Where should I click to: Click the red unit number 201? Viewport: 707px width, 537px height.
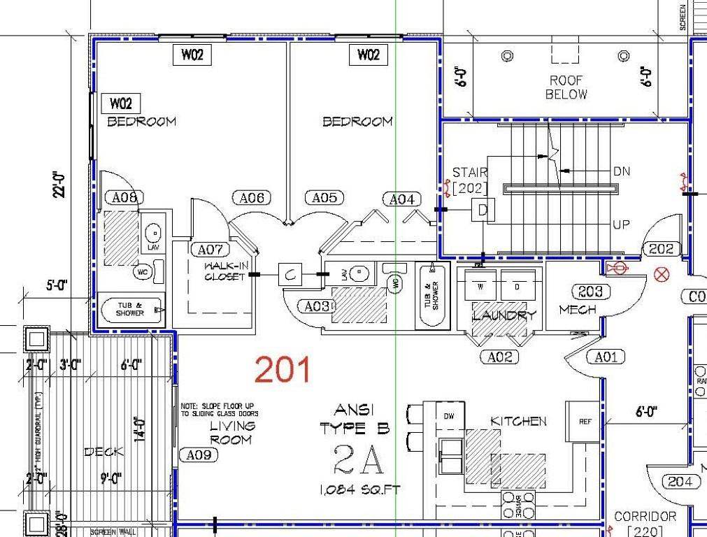(283, 369)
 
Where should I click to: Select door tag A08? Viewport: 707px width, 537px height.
(124, 198)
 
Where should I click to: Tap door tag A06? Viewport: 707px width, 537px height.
(251, 199)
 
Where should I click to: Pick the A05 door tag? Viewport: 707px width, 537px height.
(324, 199)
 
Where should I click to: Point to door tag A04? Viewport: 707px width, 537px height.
(401, 200)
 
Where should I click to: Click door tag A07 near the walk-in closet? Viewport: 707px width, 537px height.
(209, 250)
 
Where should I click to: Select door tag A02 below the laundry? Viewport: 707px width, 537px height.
(499, 357)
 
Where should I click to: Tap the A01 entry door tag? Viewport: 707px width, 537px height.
(606, 357)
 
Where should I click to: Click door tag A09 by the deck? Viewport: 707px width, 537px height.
(199, 455)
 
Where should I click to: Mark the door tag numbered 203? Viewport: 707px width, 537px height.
(591, 291)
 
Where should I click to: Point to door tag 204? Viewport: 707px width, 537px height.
(680, 482)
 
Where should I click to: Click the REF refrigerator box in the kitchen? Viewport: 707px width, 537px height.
(584, 422)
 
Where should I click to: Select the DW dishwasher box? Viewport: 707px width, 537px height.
(449, 415)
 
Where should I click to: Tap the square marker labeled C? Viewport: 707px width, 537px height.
(290, 275)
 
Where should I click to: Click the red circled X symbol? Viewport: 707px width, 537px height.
(661, 275)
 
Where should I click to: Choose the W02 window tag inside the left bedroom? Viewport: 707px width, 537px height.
(121, 104)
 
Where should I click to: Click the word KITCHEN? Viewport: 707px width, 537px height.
(518, 421)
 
